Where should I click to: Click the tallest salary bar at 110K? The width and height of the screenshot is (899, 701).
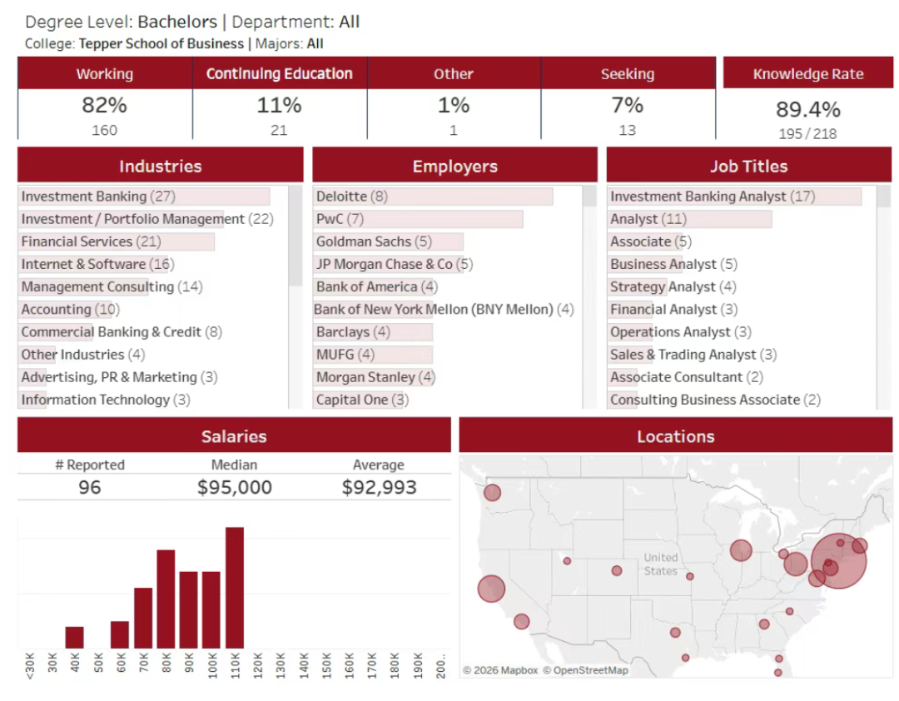coord(235,588)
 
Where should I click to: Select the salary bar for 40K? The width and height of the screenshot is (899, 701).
coord(74,637)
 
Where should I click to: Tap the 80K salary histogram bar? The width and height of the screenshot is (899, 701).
coord(166,599)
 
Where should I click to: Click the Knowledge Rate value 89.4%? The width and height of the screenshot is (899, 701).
coord(807,109)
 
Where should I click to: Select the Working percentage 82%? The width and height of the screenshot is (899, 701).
coord(104,106)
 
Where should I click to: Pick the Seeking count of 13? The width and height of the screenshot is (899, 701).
coord(627,130)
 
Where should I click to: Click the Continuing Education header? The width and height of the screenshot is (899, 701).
coord(279,73)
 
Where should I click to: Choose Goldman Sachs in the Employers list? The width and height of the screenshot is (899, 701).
coord(374,241)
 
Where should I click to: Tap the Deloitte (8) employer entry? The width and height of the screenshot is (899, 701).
coord(351,196)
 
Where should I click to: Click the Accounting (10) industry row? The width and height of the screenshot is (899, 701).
coord(70,309)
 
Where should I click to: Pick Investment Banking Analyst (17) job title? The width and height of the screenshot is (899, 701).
coord(712,196)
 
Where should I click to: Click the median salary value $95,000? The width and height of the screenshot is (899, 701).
coord(234,487)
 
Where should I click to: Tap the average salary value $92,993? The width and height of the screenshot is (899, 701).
coord(379,487)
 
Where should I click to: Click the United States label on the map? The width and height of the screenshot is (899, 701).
coord(661,564)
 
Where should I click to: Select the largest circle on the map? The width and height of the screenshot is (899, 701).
coord(838,560)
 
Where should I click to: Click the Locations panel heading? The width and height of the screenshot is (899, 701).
coord(675,436)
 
